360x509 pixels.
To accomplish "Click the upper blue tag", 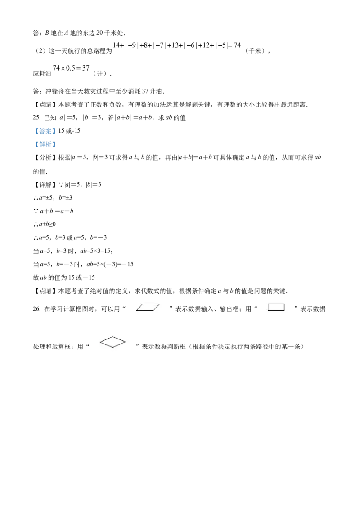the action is (45, 131).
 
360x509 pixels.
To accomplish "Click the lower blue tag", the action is (45, 144).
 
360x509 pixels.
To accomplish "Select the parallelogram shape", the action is (148, 308).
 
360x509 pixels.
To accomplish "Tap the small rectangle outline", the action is (276, 307).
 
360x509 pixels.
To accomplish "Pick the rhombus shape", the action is (112, 342).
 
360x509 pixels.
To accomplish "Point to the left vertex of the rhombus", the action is (100, 342).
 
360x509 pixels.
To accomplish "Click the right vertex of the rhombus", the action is (126, 342).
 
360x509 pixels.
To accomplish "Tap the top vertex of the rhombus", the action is (112, 337).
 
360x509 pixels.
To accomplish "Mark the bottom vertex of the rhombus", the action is (112, 348).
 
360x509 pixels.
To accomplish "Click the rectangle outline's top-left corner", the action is (268, 304).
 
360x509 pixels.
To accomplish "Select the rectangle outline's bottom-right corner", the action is (284, 311).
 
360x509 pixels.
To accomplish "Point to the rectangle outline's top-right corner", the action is (284, 304).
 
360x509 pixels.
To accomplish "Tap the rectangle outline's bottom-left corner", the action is (268, 311).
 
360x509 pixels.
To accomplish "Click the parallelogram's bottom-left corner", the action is (136, 311).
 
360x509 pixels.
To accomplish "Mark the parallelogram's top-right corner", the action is (160, 304).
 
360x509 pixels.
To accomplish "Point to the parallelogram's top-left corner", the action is (143, 304).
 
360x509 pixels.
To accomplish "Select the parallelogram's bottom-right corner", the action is (153, 311).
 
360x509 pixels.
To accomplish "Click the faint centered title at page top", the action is (176, 45).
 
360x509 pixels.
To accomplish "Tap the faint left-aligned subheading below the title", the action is (70, 68).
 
